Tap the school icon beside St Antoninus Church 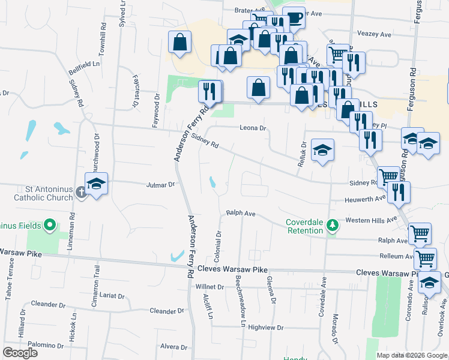(x=95, y=184)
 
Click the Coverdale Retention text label (x=304, y=226)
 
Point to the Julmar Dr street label (x=160, y=185)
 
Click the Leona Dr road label (x=253, y=128)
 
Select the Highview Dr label (x=265, y=328)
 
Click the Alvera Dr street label (x=174, y=347)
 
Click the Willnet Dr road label (x=209, y=287)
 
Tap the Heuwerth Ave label (x=365, y=199)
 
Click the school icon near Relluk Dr (x=322, y=151)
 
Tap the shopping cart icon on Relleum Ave (x=426, y=259)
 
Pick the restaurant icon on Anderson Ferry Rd (x=209, y=91)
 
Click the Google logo (x=20, y=353)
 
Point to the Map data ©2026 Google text (x=411, y=355)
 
